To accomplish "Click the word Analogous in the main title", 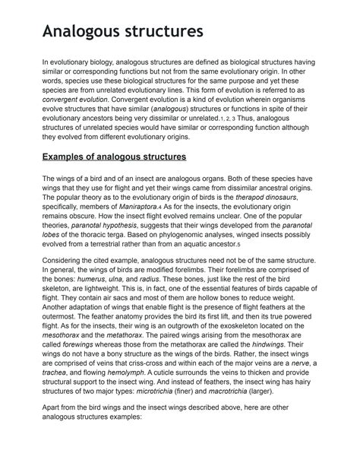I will point(84,33).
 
